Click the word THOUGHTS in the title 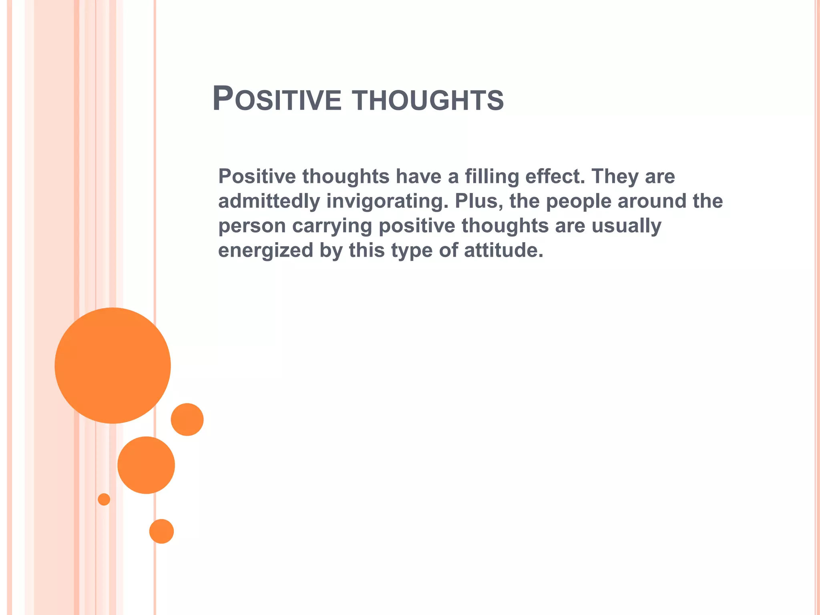428,100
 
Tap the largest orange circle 113,365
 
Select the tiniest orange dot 104,499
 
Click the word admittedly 269,201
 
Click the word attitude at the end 503,250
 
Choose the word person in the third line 252,226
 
